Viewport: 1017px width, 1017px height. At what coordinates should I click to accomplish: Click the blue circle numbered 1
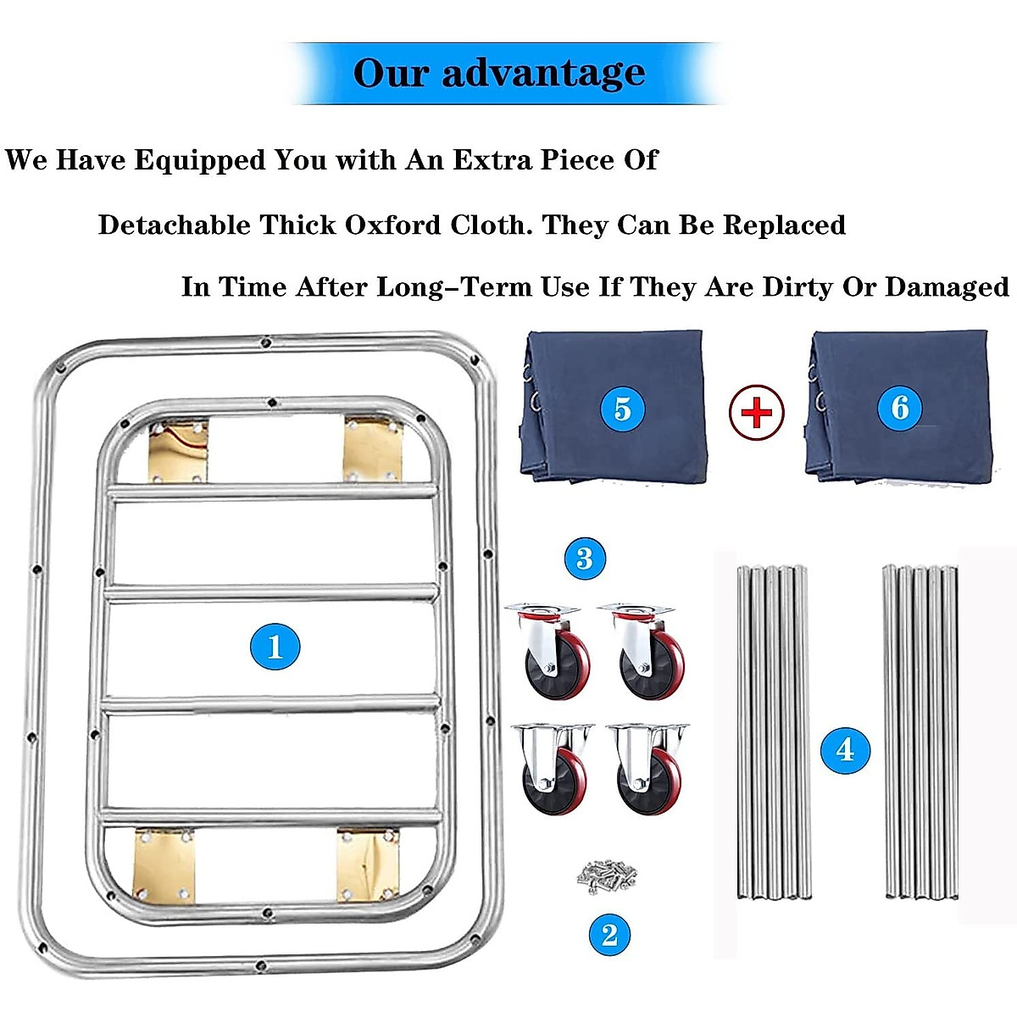coord(275,647)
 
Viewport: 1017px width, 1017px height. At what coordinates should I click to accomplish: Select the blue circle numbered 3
coord(585,559)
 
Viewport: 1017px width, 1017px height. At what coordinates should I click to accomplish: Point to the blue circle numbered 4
coord(845,749)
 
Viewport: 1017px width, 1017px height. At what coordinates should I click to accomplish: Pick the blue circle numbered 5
coord(622,408)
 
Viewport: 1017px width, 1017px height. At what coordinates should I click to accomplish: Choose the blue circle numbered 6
coord(900,407)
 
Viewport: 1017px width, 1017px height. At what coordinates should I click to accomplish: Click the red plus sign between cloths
coord(757,413)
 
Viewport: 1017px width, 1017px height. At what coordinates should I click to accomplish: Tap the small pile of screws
coord(605,874)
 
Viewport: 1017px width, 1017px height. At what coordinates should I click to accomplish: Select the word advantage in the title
coord(543,73)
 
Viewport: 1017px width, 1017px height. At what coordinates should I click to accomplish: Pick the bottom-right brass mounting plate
coord(367,864)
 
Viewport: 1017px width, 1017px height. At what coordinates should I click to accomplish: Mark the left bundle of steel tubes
coord(773,732)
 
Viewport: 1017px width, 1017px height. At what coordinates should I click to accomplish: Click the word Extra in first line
coord(492,160)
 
